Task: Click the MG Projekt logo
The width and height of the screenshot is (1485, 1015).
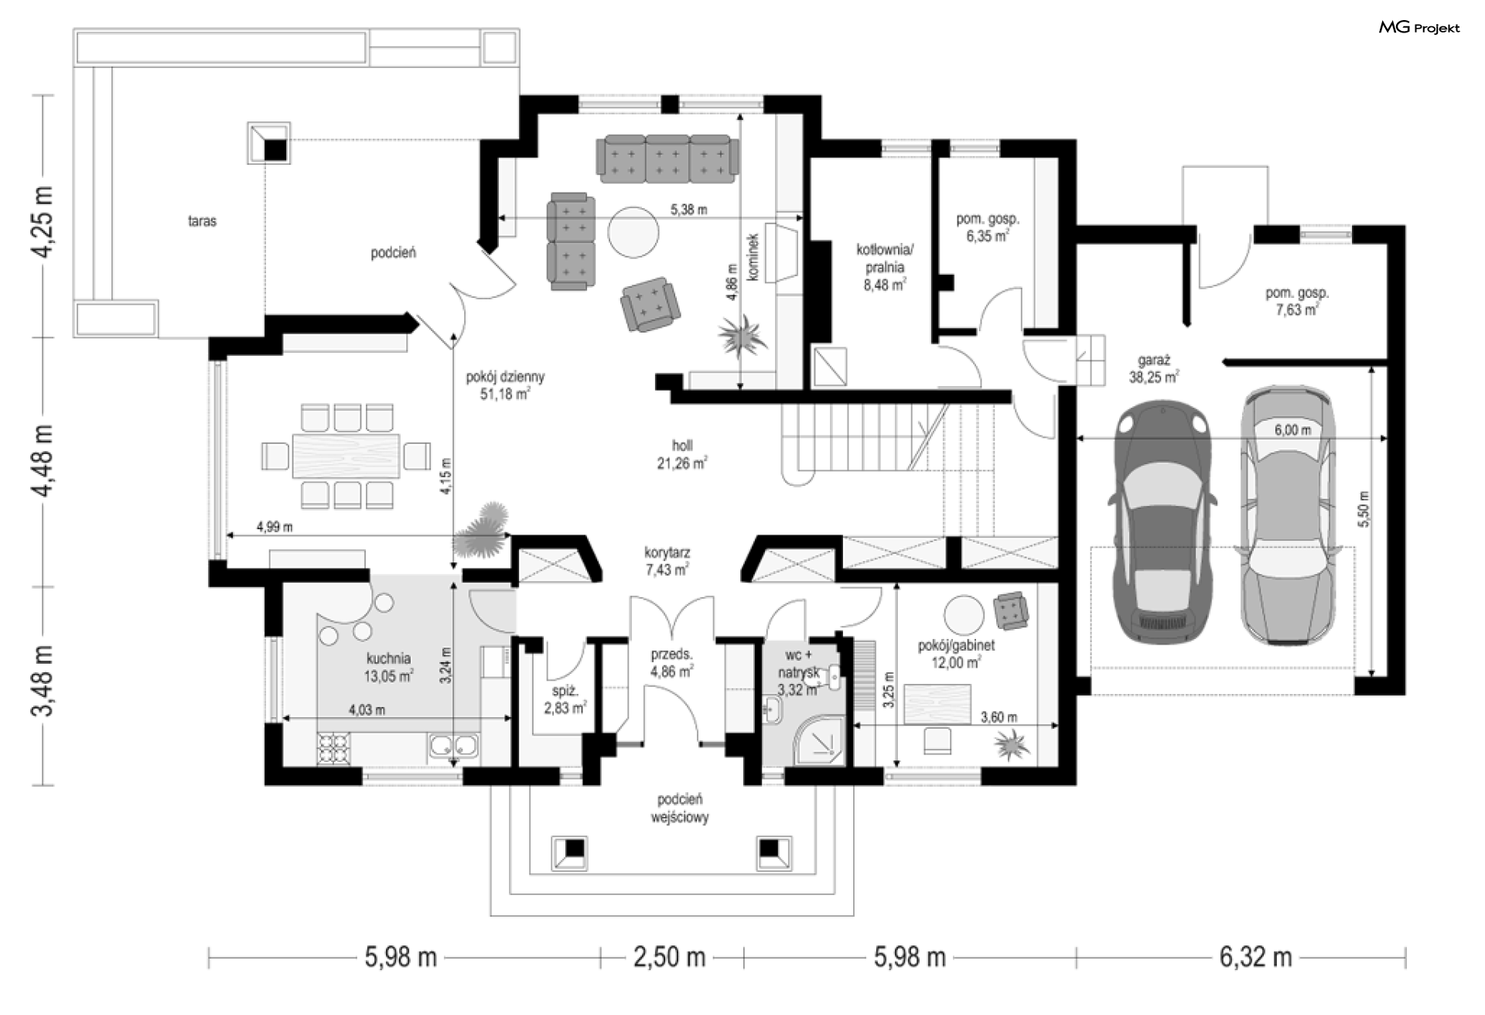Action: point(1419,28)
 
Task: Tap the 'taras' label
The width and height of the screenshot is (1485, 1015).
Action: point(202,221)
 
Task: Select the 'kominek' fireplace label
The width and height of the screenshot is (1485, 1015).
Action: point(753,256)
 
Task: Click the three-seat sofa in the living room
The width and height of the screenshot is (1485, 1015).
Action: point(666,159)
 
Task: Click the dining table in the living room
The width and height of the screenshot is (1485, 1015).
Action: point(346,456)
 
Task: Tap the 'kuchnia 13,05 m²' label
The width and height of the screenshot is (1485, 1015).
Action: point(388,667)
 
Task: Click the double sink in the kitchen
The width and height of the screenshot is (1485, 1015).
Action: point(453,747)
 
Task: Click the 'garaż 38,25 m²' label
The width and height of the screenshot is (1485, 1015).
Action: point(1153,369)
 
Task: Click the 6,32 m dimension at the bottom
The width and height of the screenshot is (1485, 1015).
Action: point(1256,958)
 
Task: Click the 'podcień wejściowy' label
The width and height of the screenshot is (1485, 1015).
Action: point(680,808)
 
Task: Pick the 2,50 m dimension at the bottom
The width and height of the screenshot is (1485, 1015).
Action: point(670,958)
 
